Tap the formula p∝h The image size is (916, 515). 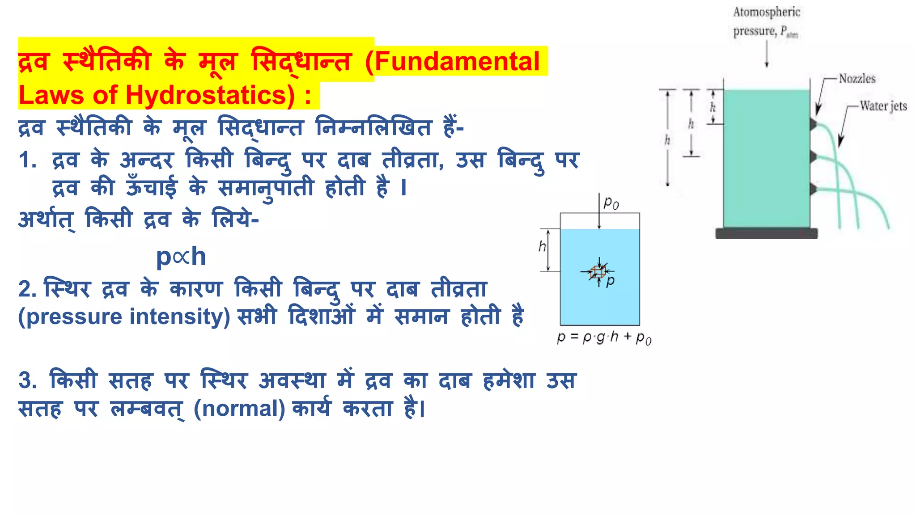click(x=181, y=257)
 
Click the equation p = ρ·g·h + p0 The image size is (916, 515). click(x=604, y=337)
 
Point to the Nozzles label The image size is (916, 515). click(x=857, y=79)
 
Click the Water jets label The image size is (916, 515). click(x=883, y=106)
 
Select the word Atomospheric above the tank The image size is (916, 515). click(x=767, y=12)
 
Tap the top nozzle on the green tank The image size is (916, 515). click(x=814, y=124)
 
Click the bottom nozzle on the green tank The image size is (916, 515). click(x=814, y=189)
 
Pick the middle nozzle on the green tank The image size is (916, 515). click(x=814, y=156)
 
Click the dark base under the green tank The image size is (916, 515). click(x=766, y=233)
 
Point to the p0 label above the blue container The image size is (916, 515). click(x=611, y=203)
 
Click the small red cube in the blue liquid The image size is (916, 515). click(x=598, y=271)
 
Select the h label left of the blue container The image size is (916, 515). click(x=542, y=246)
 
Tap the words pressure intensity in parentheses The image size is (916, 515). click(x=124, y=317)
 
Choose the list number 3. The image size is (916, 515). click(x=27, y=380)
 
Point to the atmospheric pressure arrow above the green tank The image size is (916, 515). click(x=766, y=54)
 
